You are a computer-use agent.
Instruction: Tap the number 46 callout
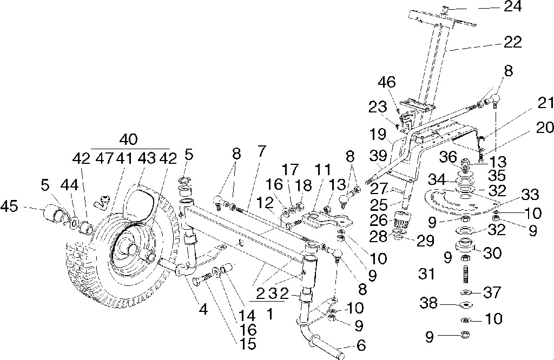pos(387,83)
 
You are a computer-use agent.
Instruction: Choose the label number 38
pos(429,304)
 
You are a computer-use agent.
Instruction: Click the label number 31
pos(427,275)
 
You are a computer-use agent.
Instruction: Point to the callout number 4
pos(203,310)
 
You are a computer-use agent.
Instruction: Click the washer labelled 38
pos(465,305)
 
